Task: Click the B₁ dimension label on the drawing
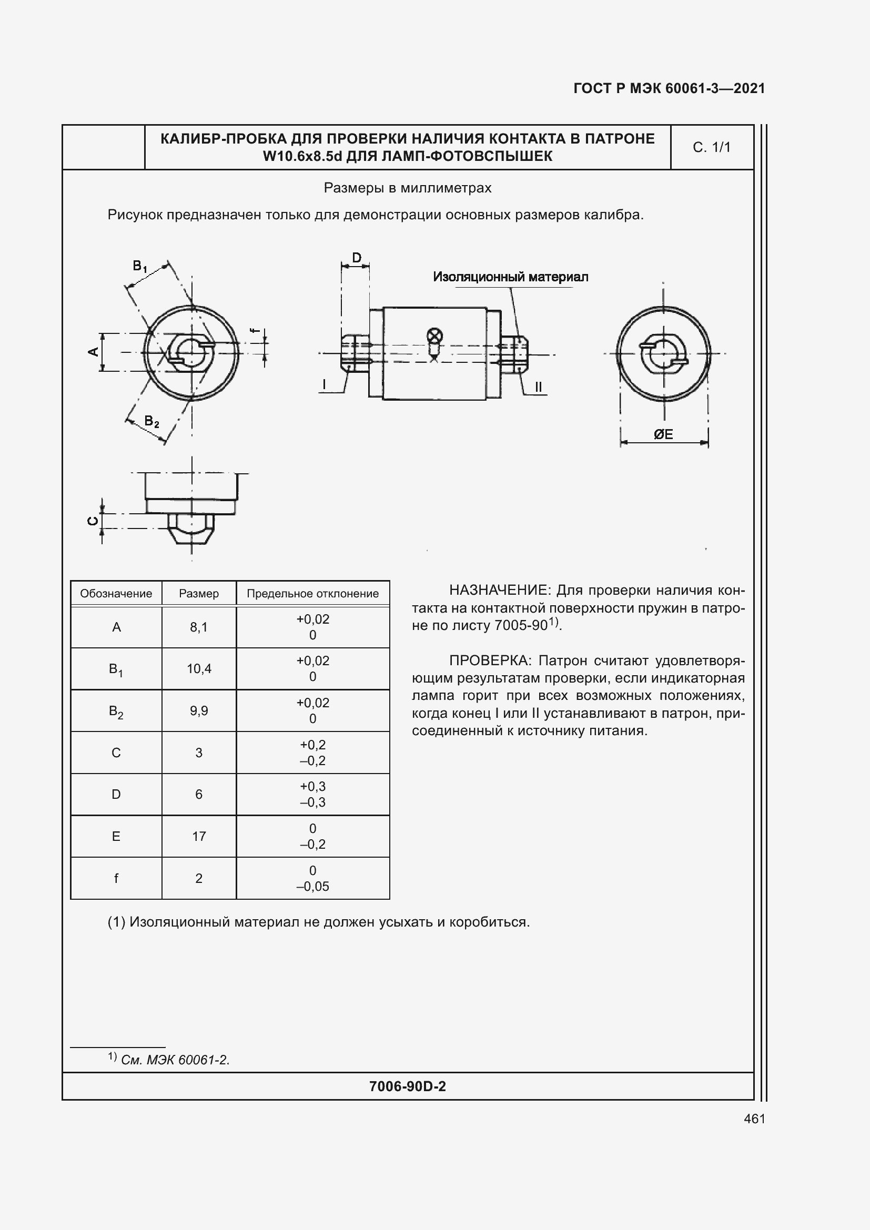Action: (x=140, y=266)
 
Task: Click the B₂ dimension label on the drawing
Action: (x=151, y=422)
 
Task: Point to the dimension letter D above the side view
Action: (x=356, y=258)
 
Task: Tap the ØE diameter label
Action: (x=663, y=434)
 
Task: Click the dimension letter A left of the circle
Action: (x=93, y=351)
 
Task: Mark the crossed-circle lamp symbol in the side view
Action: (x=435, y=337)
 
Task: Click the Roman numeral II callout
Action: (x=539, y=387)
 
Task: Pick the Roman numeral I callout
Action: (x=324, y=384)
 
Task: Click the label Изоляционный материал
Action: (x=510, y=277)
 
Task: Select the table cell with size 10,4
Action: (x=199, y=668)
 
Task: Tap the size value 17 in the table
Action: (x=199, y=836)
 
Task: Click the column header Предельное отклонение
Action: (x=312, y=594)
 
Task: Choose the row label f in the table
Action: (x=116, y=878)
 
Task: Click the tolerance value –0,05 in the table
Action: (x=312, y=886)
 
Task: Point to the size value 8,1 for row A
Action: (x=199, y=627)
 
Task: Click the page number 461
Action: (x=754, y=1119)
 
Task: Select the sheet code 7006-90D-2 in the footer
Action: (x=407, y=1086)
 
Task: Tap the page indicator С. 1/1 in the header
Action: (x=711, y=147)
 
